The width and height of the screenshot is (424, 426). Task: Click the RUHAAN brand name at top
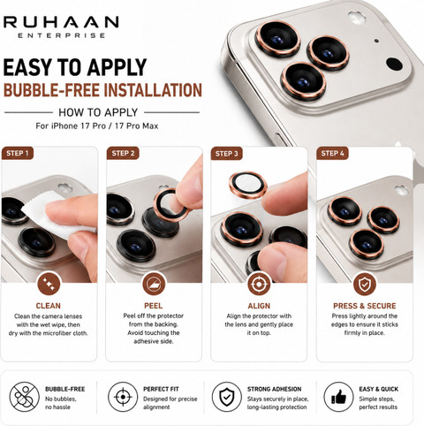(61, 22)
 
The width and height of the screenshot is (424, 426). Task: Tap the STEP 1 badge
(18, 153)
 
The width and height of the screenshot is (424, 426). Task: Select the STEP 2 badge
(123, 153)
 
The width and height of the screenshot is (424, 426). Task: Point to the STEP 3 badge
(226, 154)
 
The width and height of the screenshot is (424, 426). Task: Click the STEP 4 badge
(332, 153)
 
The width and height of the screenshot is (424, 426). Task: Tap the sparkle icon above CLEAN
(49, 285)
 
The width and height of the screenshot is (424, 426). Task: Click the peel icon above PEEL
(154, 285)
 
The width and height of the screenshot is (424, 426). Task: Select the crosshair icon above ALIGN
(259, 285)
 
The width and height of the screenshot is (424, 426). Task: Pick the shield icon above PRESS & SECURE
(365, 285)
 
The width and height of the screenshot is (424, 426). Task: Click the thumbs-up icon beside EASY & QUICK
(338, 397)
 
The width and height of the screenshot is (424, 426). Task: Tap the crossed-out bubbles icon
(25, 397)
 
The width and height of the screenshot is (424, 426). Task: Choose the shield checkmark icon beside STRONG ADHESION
(226, 397)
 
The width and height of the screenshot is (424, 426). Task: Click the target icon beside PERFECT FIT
(123, 397)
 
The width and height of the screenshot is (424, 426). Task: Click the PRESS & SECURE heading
(365, 306)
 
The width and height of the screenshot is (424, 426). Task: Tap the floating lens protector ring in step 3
(248, 185)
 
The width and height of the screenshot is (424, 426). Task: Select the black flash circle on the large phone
(394, 64)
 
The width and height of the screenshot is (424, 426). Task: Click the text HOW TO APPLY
(98, 112)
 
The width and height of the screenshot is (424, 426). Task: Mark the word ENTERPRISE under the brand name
(61, 35)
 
